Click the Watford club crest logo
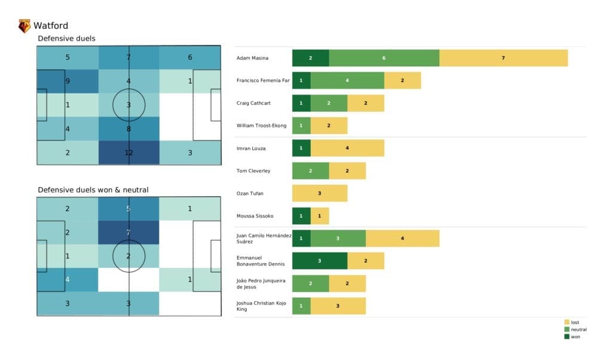pyautogui.click(x=25, y=26)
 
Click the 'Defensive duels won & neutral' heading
pyautogui.click(x=93, y=190)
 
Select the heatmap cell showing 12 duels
pyautogui.click(x=128, y=152)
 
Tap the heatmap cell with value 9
pyautogui.click(x=68, y=81)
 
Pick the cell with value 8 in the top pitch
pyautogui.click(x=128, y=127)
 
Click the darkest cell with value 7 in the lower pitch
pyautogui.click(x=128, y=232)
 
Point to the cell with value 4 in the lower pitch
pyautogui.click(x=68, y=279)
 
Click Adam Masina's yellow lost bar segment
pyautogui.click(x=503, y=58)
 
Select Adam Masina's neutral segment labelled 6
pyautogui.click(x=384, y=58)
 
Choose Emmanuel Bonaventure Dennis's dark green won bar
pyautogui.click(x=320, y=261)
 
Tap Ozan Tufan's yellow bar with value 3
pyautogui.click(x=320, y=193)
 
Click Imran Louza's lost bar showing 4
pyautogui.click(x=347, y=148)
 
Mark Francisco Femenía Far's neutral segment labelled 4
pyautogui.click(x=347, y=81)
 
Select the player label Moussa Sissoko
pyautogui.click(x=255, y=216)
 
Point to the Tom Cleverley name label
pyautogui.click(x=253, y=171)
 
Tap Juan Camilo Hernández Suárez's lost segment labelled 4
pyautogui.click(x=402, y=239)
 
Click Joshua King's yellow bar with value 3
pyautogui.click(x=338, y=306)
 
